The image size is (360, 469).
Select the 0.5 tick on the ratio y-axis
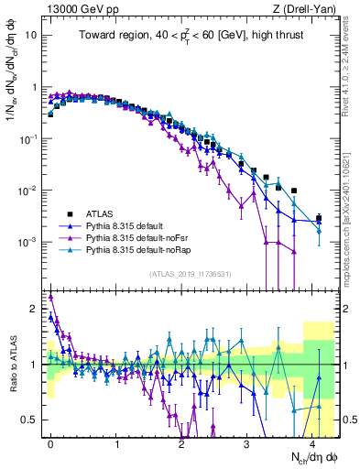click(x=28, y=420)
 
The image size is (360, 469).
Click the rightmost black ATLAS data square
click(x=318, y=218)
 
